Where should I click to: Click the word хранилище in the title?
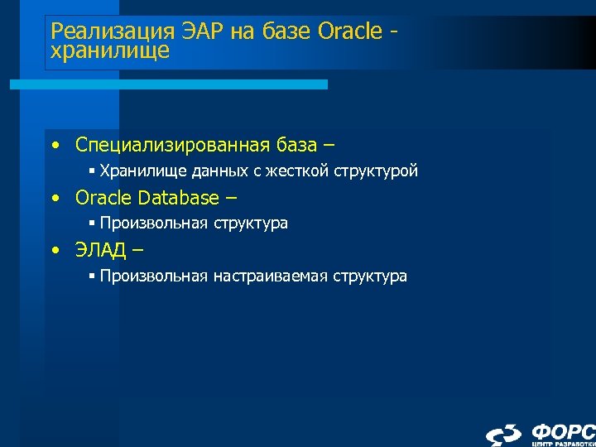tap(110, 50)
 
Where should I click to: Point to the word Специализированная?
tap(171, 146)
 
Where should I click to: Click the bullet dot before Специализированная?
tap(55, 147)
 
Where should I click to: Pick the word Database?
tap(178, 198)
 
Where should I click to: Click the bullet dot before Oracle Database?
tap(55, 199)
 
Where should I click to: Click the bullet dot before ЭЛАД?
tap(55, 251)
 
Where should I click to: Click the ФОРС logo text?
tap(563, 431)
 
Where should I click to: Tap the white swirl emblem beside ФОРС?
tap(503, 435)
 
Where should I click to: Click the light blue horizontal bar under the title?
tap(169, 84)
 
